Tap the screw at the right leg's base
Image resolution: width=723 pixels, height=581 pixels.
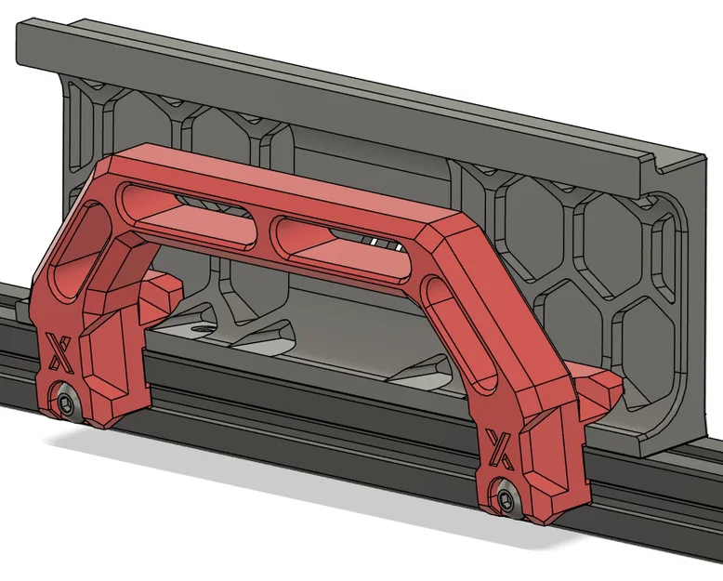point(506,496)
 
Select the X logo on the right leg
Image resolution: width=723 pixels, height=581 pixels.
point(500,447)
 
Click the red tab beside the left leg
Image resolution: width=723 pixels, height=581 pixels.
point(164,296)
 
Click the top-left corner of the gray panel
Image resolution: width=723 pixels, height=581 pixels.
point(20,26)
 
